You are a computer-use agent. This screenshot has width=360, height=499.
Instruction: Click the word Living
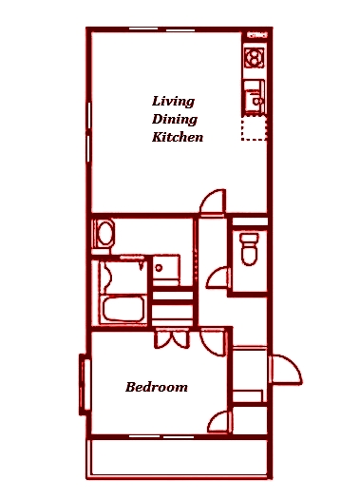pyautogui.click(x=173, y=102)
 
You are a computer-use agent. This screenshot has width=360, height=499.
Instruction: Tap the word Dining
pyautogui.click(x=175, y=120)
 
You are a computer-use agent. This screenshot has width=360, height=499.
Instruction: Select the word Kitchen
pyautogui.click(x=178, y=137)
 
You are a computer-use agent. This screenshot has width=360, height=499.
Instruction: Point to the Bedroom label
pyautogui.click(x=157, y=387)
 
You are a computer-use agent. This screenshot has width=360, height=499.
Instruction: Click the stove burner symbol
pyautogui.click(x=255, y=58)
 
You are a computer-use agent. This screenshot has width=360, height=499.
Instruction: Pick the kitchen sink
pyautogui.click(x=255, y=97)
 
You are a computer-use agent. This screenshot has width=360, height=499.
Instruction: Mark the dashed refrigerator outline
pyautogui.click(x=254, y=128)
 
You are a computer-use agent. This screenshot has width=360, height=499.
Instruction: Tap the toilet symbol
pyautogui.click(x=249, y=249)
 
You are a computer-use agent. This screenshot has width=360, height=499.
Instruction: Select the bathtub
pyautogui.click(x=123, y=310)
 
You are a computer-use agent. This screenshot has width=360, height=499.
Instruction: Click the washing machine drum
pyautogui.click(x=105, y=233)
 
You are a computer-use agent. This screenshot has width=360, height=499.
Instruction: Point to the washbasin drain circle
pyautogui.click(x=159, y=268)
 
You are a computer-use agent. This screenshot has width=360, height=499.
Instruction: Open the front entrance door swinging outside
pyautogui.click(x=285, y=369)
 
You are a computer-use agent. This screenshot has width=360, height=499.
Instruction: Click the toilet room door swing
pyautogui.click(x=218, y=278)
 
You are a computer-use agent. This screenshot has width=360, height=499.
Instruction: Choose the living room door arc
pyautogui.click(x=213, y=202)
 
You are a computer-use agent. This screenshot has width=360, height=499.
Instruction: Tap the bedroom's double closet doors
pyautogui.click(x=172, y=339)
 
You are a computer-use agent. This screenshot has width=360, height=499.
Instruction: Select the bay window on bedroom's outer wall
pyautogui.click(x=84, y=384)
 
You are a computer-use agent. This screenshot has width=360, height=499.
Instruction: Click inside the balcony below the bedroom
pyautogui.click(x=179, y=457)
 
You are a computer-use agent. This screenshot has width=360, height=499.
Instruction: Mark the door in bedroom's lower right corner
pyautogui.click(x=219, y=421)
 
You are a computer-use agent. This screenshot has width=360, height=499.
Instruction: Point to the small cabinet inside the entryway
pyautogui.click(x=248, y=396)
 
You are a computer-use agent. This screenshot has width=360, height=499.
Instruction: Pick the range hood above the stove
pyautogui.click(x=257, y=35)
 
